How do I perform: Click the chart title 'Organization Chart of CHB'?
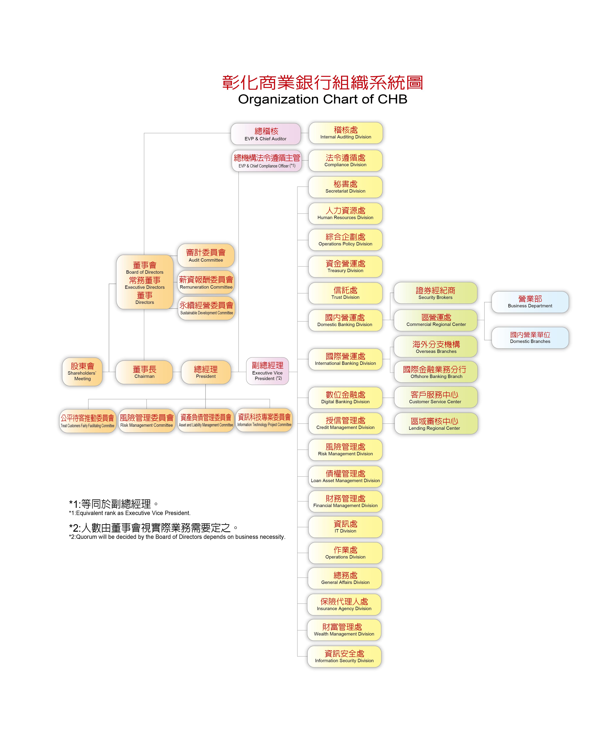click(322, 99)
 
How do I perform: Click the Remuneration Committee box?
click(206, 282)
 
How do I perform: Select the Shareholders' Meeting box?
click(82, 372)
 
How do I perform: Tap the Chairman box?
click(144, 372)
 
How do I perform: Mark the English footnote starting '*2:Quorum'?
click(177, 537)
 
